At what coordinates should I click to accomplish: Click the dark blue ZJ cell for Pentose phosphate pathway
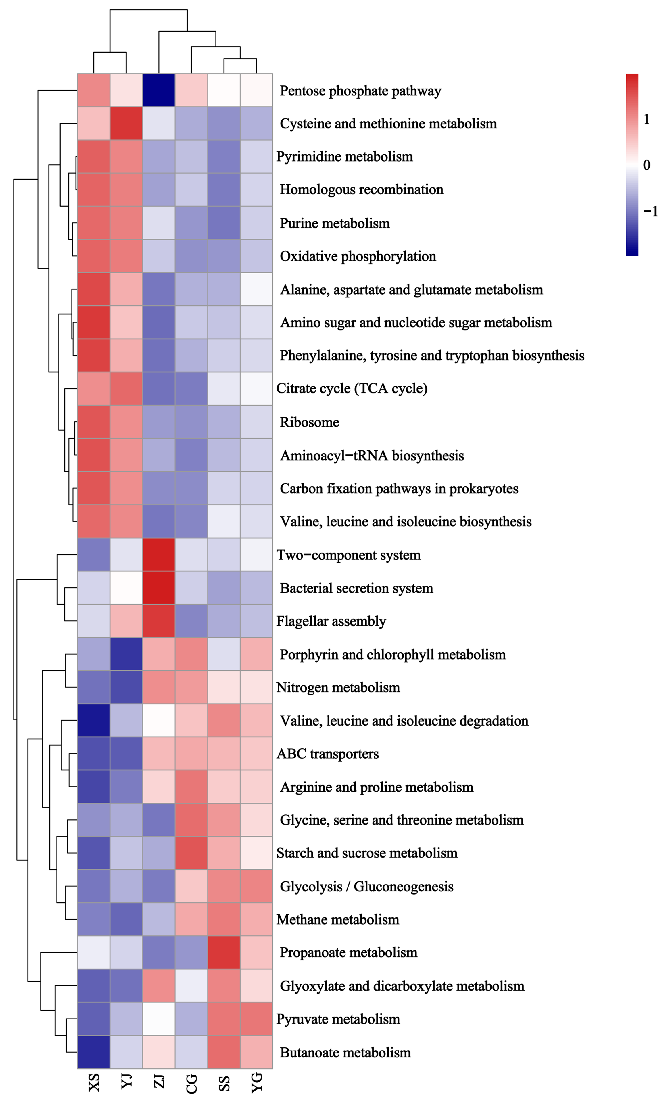point(159,90)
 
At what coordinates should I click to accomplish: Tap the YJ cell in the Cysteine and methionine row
point(126,123)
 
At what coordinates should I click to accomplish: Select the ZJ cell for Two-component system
point(159,555)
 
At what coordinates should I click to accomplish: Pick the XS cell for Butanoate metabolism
point(94,1052)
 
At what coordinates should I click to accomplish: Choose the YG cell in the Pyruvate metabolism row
point(256,1019)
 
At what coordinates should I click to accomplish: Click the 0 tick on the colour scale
point(646,165)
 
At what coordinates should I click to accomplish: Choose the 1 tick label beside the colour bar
point(646,119)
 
